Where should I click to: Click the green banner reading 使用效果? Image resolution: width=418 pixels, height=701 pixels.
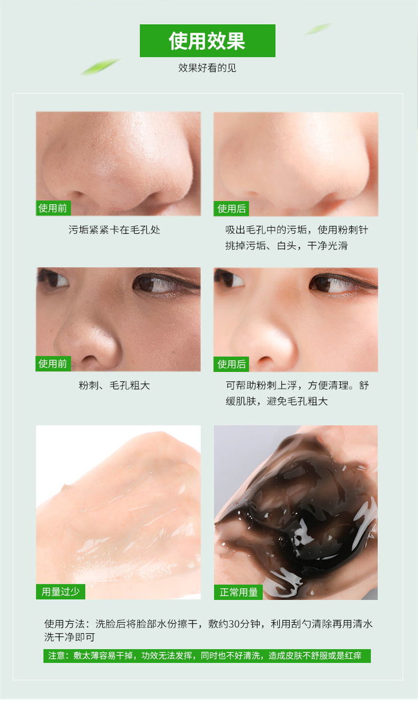pyautogui.click(x=207, y=41)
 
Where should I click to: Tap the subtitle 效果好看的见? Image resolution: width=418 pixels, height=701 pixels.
pyautogui.click(x=207, y=67)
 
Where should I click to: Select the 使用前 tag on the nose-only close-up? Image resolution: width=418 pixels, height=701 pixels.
pyautogui.click(x=53, y=208)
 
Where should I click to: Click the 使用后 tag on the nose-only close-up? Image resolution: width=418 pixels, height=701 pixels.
pyautogui.click(x=231, y=209)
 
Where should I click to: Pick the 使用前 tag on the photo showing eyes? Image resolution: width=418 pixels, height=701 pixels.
pyautogui.click(x=53, y=364)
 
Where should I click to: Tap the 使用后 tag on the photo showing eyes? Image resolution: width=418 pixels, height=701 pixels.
pyautogui.click(x=231, y=364)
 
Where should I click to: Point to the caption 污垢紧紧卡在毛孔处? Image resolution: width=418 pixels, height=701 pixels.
pyautogui.click(x=115, y=230)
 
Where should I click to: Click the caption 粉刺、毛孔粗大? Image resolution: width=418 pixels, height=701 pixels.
pyautogui.click(x=115, y=385)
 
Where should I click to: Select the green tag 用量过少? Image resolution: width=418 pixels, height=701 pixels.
pyautogui.click(x=61, y=591)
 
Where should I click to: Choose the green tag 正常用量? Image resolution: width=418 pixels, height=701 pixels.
pyautogui.click(x=238, y=592)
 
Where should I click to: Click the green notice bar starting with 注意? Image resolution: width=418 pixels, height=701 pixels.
pyautogui.click(x=207, y=655)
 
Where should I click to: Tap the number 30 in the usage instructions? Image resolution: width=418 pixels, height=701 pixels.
pyautogui.click(x=234, y=624)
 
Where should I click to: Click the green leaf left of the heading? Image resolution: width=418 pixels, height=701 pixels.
pyautogui.click(x=100, y=66)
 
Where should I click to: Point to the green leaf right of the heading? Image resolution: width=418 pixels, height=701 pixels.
pyautogui.click(x=318, y=29)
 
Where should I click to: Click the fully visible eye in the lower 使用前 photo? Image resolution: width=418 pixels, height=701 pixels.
pyautogui.click(x=157, y=282)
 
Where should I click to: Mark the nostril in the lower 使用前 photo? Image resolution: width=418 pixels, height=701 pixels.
pyautogui.click(x=90, y=359)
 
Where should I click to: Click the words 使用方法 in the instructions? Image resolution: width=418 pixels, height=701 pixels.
pyautogui.click(x=64, y=624)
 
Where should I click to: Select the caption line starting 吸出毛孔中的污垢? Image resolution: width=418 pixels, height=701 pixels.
pyautogui.click(x=297, y=230)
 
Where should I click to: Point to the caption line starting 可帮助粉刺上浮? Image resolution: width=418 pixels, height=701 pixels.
pyautogui.click(x=297, y=385)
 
